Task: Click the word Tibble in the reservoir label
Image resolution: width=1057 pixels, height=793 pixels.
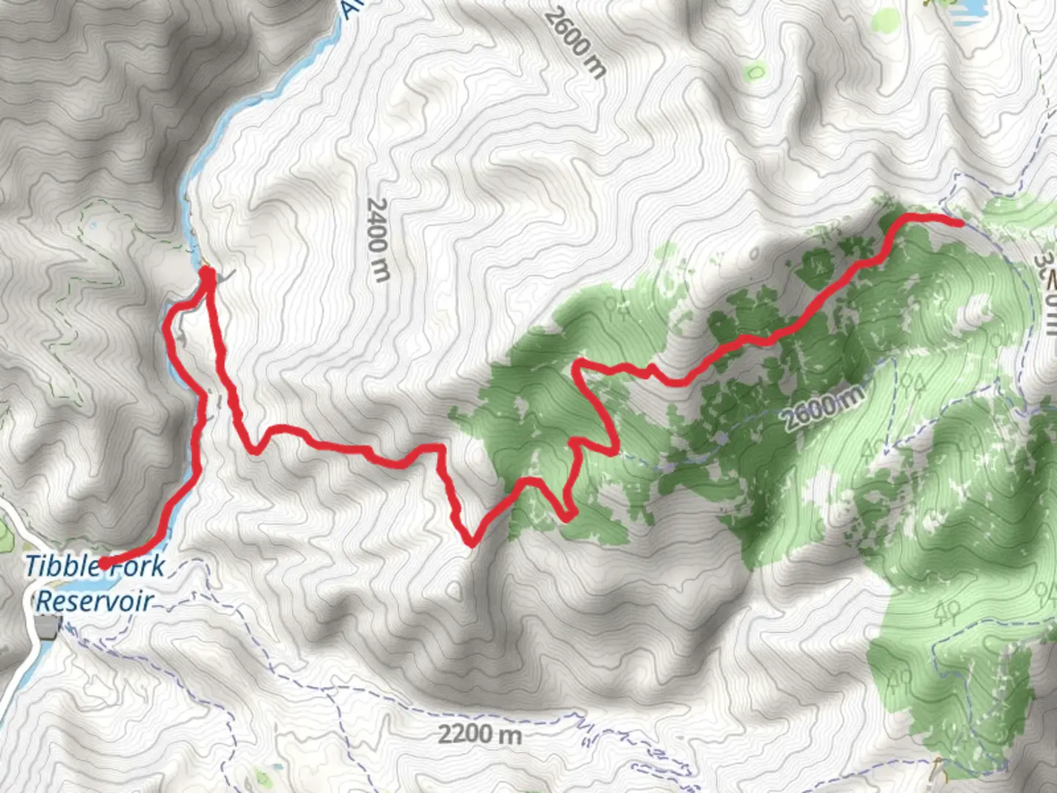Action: click(x=62, y=566)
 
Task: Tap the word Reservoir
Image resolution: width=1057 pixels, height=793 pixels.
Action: click(x=94, y=601)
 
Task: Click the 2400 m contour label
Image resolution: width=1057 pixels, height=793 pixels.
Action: click(x=378, y=239)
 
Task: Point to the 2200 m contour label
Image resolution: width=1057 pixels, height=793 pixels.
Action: click(x=480, y=734)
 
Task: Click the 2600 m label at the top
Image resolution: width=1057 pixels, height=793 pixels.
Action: click(x=576, y=42)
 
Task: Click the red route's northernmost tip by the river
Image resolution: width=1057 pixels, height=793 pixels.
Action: click(x=208, y=272)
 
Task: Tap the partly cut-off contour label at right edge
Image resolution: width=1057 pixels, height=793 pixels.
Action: click(x=1045, y=286)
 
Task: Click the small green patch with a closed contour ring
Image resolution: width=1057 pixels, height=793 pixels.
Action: click(x=754, y=72)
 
